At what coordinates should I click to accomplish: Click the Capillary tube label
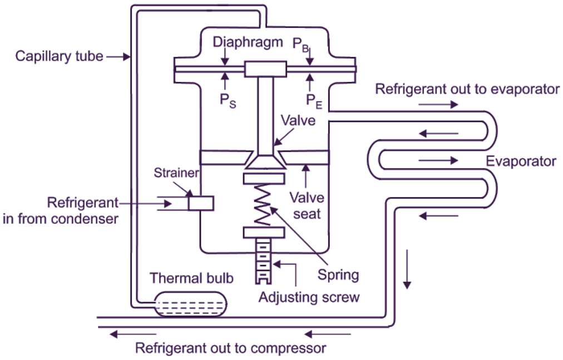[x=59, y=56]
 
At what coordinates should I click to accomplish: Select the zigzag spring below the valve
[x=264, y=205]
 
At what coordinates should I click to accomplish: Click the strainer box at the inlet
[x=201, y=203]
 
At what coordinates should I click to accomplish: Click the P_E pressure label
[x=314, y=101]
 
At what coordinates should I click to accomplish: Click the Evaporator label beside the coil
[x=521, y=161]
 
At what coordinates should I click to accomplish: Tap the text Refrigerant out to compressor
[x=230, y=349]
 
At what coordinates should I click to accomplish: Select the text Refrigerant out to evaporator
[x=467, y=89]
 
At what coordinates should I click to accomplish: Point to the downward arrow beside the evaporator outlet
[x=408, y=269]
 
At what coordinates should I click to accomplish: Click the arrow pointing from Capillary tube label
[x=117, y=56]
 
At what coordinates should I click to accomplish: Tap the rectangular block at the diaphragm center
[x=264, y=69]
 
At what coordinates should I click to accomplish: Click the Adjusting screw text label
[x=309, y=297]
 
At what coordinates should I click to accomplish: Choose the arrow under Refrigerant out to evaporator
[x=438, y=104]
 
